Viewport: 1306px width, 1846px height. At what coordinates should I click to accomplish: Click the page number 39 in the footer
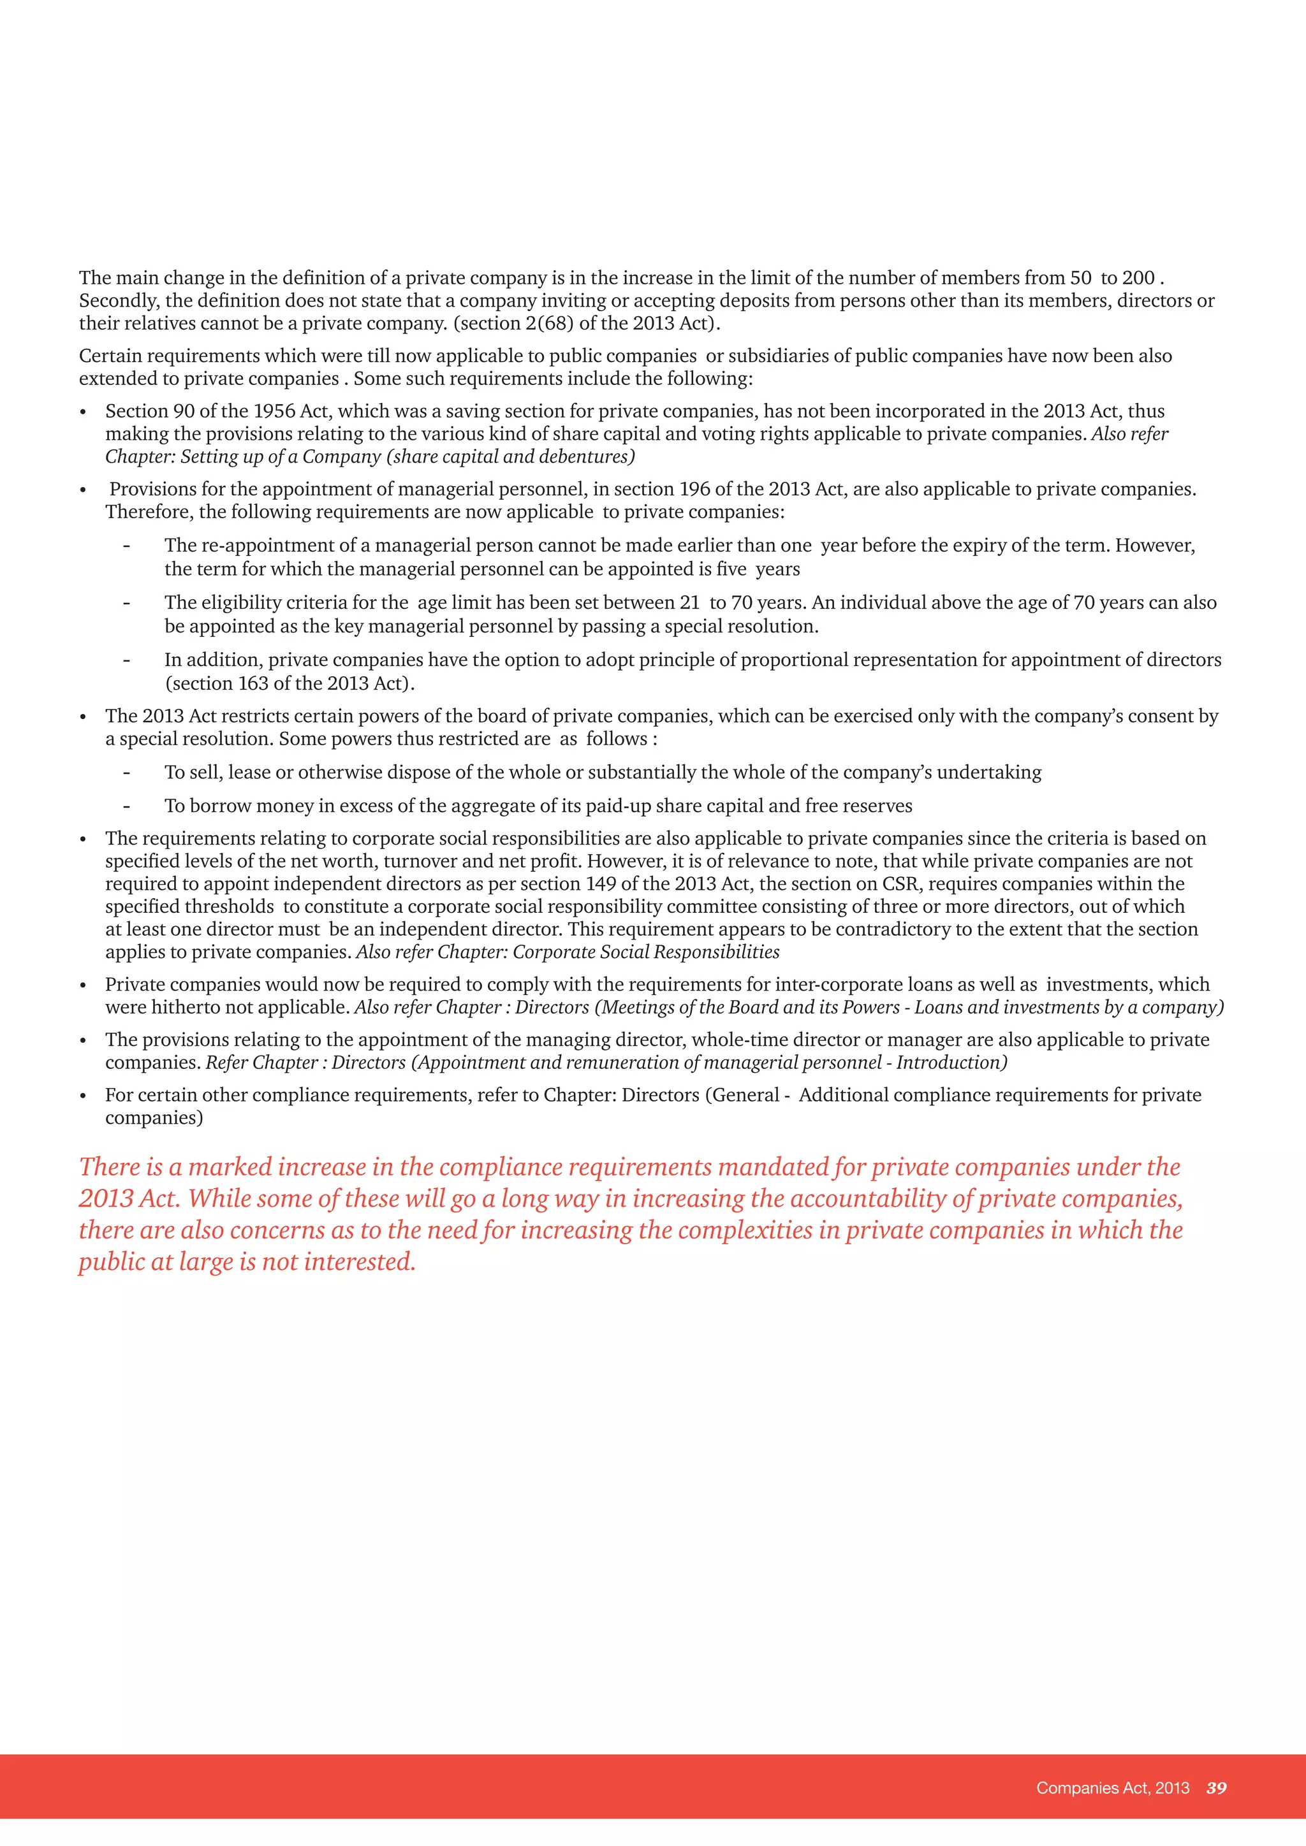coord(1216,1787)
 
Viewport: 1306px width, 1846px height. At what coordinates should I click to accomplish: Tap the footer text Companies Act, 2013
coord(1112,1787)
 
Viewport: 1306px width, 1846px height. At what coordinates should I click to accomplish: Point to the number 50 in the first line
coord(1080,278)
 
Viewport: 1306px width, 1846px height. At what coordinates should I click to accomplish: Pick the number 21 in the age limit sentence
coord(689,603)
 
